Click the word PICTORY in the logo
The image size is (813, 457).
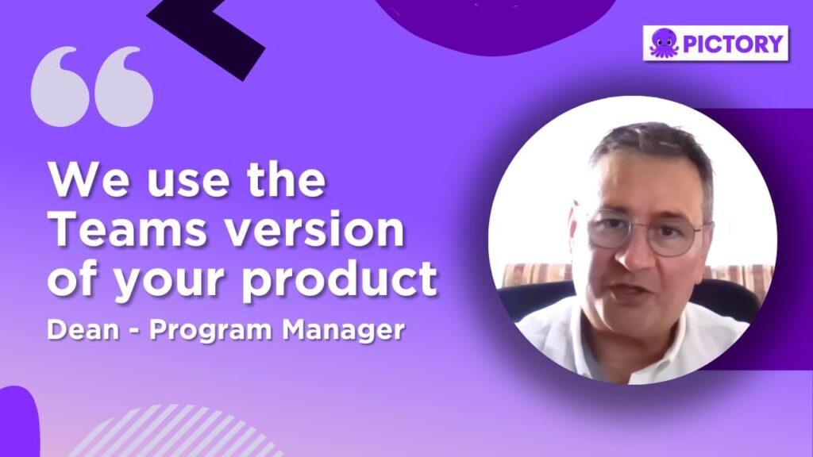point(733,44)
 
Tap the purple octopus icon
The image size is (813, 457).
point(665,43)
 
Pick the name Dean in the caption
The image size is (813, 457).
point(83,329)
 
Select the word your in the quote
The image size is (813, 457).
point(168,282)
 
